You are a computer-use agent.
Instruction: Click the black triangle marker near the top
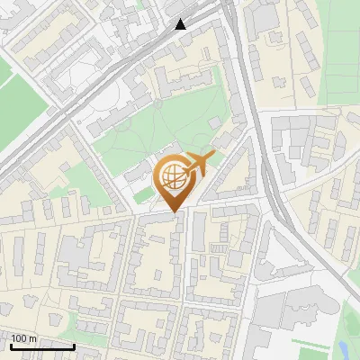(x=181, y=24)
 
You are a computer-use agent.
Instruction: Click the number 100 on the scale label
(x=19, y=339)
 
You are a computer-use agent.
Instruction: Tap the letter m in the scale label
(x=32, y=339)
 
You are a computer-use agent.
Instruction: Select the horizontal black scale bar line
(x=41, y=346)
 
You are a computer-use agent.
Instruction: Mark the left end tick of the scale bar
(x=11, y=345)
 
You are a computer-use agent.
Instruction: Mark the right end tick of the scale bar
(x=74, y=345)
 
